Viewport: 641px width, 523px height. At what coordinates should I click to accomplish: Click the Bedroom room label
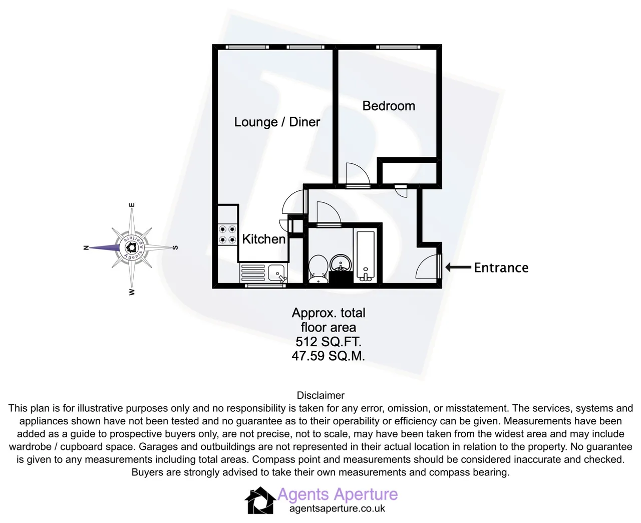pyautogui.click(x=389, y=106)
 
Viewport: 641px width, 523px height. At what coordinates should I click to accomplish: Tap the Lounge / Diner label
pyautogui.click(x=277, y=122)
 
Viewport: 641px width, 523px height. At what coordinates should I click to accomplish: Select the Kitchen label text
pyautogui.click(x=263, y=239)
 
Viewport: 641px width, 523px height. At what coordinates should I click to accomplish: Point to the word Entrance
pyautogui.click(x=501, y=268)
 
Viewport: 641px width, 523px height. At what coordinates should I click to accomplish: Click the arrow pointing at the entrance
pyautogui.click(x=458, y=268)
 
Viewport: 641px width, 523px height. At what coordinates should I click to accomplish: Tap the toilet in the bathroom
pyautogui.click(x=318, y=269)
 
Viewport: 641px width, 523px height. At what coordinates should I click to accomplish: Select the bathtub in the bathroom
pyautogui.click(x=366, y=256)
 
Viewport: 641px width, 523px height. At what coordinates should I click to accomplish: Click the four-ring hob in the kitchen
pyautogui.click(x=227, y=234)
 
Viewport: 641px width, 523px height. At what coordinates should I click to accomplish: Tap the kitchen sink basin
pyautogui.click(x=276, y=273)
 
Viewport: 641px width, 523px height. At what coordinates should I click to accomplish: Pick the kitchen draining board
pyautogui.click(x=253, y=273)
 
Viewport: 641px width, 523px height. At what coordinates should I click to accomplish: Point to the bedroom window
pyautogui.click(x=398, y=47)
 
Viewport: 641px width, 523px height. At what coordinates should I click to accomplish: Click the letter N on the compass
pyautogui.click(x=86, y=247)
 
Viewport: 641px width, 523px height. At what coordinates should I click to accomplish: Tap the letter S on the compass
pyautogui.click(x=175, y=247)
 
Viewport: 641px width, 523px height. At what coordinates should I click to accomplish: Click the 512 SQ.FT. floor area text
pyautogui.click(x=329, y=342)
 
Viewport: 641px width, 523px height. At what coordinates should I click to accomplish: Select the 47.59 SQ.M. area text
pyautogui.click(x=328, y=356)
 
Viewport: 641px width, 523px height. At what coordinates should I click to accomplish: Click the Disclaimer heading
pyautogui.click(x=320, y=395)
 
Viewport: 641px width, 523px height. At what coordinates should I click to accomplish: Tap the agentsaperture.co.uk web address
pyautogui.click(x=337, y=508)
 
